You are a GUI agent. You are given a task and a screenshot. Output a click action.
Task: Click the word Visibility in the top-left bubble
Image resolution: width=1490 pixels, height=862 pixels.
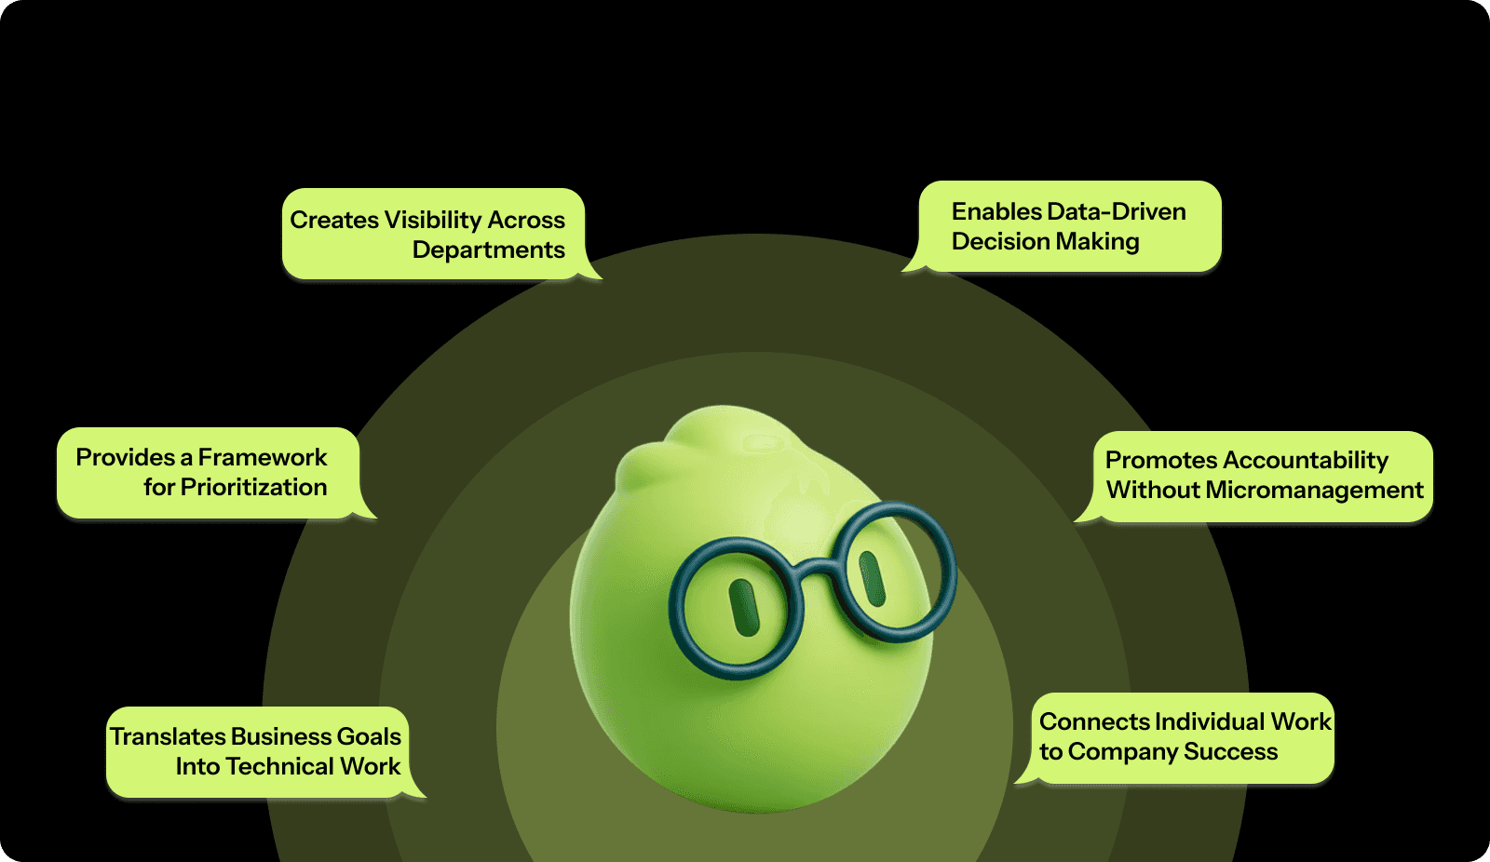tap(433, 221)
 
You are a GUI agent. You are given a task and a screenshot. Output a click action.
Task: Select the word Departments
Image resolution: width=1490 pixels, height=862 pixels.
tap(488, 250)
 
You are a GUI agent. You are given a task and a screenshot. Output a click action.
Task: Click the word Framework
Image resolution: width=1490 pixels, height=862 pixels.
tap(263, 458)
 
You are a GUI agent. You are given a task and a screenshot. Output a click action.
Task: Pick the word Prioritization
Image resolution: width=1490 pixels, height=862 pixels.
tap(253, 488)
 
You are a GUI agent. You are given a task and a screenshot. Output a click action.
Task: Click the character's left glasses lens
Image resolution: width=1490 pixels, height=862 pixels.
tap(737, 608)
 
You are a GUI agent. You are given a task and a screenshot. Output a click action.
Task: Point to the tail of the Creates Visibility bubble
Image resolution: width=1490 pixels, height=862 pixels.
tap(592, 274)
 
